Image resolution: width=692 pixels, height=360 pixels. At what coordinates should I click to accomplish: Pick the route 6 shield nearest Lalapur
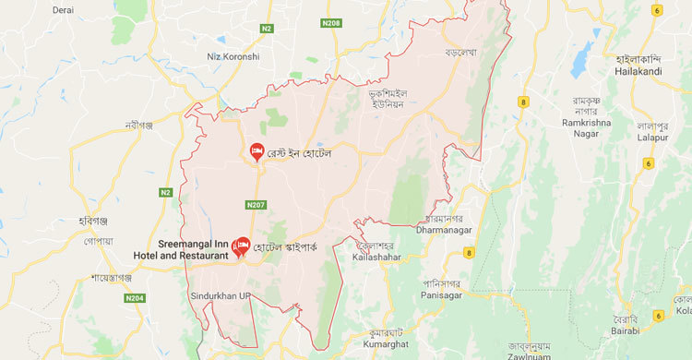point(648,162)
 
